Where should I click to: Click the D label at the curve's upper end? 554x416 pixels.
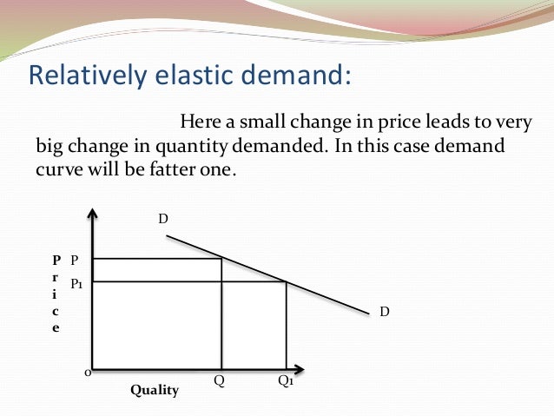162,219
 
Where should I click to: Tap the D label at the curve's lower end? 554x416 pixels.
384,310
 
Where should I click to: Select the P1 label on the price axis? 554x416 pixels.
76,283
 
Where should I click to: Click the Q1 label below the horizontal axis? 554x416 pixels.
286,381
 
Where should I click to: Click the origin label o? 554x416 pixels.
86,373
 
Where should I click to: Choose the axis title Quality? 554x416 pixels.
155,391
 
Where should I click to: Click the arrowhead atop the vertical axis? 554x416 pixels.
91,213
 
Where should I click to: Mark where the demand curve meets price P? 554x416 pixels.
222,259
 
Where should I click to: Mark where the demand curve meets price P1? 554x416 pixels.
287,281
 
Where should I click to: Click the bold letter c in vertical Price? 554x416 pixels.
56,311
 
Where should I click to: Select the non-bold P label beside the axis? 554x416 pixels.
75,260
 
